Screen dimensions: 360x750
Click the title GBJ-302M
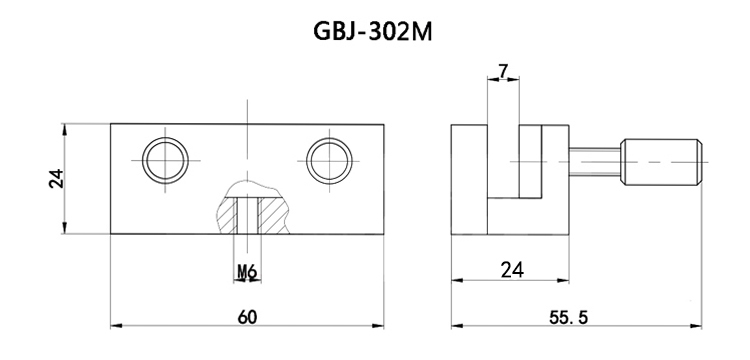click(375, 33)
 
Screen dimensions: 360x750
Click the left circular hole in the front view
click(165, 159)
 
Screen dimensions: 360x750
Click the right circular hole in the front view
click(329, 159)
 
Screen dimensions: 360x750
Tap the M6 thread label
click(246, 271)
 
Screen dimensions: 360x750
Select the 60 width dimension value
click(246, 316)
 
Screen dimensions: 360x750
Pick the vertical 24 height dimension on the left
click(56, 178)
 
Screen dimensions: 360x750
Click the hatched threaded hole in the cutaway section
click(246, 214)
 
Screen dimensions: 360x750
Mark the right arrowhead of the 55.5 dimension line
click(700, 325)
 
